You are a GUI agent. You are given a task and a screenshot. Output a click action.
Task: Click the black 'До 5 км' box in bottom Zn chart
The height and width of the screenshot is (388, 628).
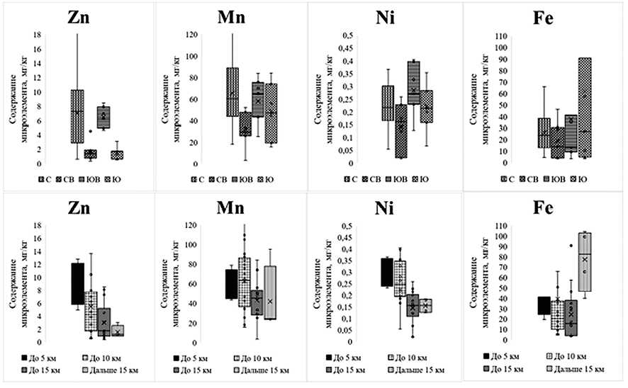coord(78,283)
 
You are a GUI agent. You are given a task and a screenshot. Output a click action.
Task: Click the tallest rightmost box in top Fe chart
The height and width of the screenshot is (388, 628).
coord(585,106)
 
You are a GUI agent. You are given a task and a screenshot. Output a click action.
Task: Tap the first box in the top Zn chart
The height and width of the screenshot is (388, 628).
coord(78,116)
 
